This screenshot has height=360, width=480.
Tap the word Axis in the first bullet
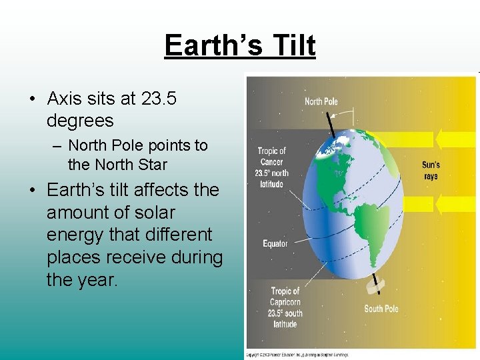coord(65,99)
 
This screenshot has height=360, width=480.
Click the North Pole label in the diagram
coord(321,101)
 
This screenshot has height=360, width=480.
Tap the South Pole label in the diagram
coord(381,309)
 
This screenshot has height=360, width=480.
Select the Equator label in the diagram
coord(275,243)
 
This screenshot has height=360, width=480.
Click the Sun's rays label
coord(431,171)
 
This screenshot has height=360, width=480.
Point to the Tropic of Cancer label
coord(271,167)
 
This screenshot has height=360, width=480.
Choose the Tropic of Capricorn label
coord(285,307)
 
